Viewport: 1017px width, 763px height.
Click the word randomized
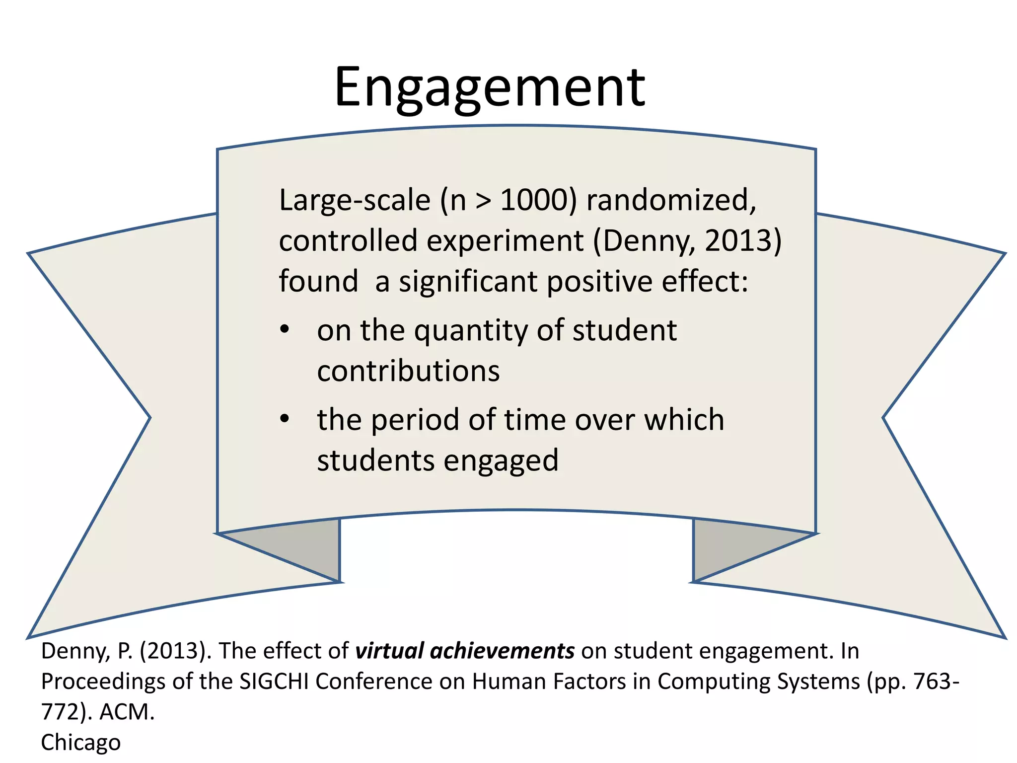670,200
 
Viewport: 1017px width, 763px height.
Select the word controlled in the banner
348,241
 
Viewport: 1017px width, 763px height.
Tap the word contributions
408,371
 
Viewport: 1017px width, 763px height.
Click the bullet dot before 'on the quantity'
284,330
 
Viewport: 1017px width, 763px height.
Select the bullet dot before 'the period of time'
284,419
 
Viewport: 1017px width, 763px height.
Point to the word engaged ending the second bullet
501,461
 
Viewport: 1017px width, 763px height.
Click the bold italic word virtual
389,651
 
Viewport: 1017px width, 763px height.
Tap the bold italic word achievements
502,651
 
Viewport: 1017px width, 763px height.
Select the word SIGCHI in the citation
274,682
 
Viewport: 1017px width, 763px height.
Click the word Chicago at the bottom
80,743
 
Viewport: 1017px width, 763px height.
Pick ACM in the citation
127,712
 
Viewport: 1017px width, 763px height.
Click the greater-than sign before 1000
483,201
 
